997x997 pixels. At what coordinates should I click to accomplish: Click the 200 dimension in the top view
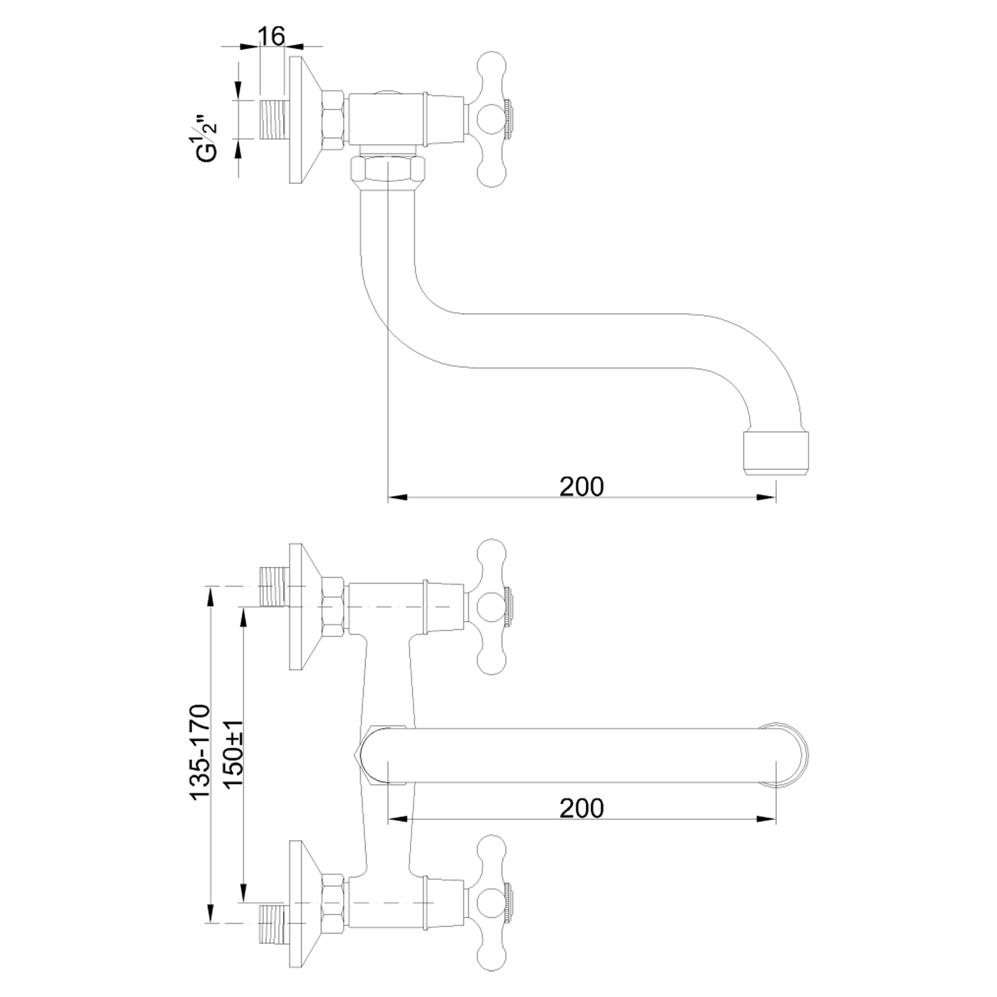[582, 486]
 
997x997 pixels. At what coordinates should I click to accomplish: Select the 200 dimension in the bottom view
[582, 808]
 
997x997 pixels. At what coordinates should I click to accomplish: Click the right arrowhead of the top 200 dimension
[766, 498]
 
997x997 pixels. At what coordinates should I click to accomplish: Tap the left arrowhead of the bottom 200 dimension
[398, 819]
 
